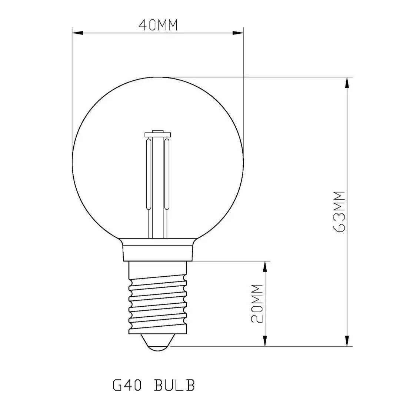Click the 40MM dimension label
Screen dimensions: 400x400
click(158, 25)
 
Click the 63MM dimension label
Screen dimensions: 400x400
click(339, 211)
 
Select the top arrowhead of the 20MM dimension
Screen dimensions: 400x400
click(265, 266)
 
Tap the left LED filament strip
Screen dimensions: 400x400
click(149, 174)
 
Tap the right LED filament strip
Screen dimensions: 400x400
click(167, 174)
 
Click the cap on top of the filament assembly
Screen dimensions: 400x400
click(158, 134)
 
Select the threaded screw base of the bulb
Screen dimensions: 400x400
click(158, 304)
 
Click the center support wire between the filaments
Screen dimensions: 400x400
click(158, 185)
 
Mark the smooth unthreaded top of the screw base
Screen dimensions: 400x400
click(158, 269)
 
